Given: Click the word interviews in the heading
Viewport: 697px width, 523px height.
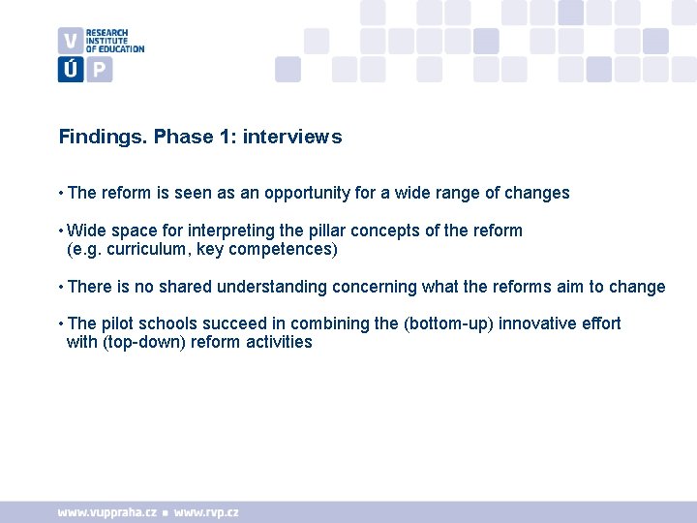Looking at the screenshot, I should click(x=292, y=138).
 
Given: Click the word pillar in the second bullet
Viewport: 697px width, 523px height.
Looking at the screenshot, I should click(x=324, y=231).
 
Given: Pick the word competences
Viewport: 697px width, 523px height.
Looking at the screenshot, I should click(x=286, y=250).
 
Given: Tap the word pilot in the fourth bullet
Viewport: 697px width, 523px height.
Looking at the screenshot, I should click(x=119, y=323).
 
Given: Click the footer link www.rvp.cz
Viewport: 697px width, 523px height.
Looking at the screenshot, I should click(x=207, y=512).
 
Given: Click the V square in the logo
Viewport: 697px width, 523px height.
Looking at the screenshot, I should click(x=70, y=41).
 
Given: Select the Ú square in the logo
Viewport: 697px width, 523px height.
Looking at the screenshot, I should click(x=70, y=70).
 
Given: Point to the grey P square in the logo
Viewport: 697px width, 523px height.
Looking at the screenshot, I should click(x=100, y=70).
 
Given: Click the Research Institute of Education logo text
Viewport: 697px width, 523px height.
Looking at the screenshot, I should click(x=114, y=41).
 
